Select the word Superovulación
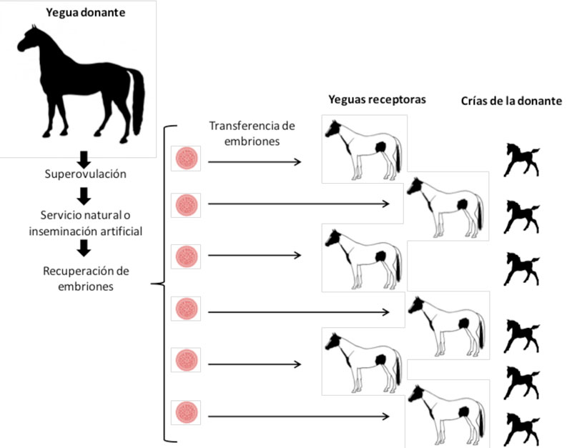(x=84, y=174)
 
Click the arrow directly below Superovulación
(x=84, y=194)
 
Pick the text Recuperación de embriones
(x=84, y=279)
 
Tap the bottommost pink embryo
(x=186, y=413)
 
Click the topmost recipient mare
(x=363, y=149)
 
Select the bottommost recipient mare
(x=446, y=415)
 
